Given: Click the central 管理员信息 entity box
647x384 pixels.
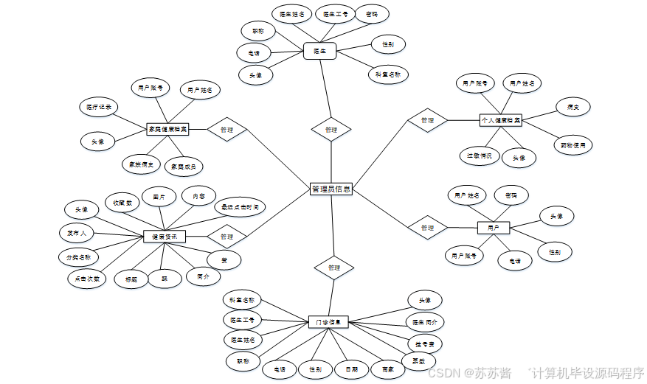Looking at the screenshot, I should coord(331,189).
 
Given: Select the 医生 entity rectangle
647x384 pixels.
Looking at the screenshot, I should coord(320,51).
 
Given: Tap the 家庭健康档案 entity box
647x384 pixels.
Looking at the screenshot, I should coord(167,129).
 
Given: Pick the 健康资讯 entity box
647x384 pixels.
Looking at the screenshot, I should coord(164,237).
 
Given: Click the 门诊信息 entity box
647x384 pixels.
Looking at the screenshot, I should coord(328,322).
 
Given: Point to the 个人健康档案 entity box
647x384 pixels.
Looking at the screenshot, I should coord(500,119).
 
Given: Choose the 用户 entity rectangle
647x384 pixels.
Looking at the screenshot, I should coord(494,228).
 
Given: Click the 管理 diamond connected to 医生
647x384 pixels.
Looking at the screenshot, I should coord(331,129).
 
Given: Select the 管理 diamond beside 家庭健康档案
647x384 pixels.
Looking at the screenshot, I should coord(226,130).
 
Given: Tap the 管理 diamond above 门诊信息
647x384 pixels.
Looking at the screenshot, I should coord(333,268).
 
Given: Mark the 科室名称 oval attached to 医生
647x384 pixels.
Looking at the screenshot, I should coord(388,74).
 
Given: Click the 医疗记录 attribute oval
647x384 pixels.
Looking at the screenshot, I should coord(98,107).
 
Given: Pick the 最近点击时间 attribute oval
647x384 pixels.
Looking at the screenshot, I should coord(239,208).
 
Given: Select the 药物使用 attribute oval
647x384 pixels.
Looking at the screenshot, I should coord(573,145).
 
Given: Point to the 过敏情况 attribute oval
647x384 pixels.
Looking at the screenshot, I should coord(480,156).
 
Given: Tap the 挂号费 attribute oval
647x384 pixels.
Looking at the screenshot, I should coord(425,343).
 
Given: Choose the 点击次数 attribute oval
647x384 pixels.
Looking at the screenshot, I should coord(86,279).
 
